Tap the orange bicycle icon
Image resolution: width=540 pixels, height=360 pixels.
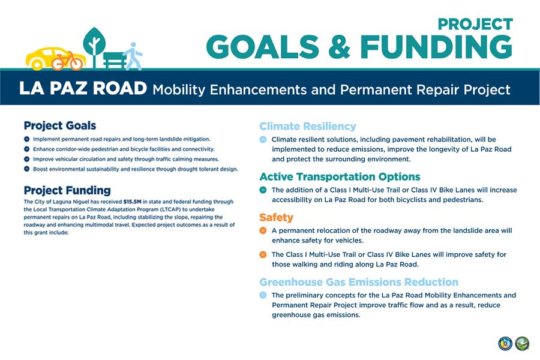(67, 61)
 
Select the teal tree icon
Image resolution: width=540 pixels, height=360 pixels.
(94, 45)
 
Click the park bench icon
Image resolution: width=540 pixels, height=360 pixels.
(115, 59)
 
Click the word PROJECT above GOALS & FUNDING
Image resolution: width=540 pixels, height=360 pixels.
(475, 24)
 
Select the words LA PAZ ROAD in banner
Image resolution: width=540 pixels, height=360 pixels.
(83, 89)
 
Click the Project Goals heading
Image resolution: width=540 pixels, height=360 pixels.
(59, 125)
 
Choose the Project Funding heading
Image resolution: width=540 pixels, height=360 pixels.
(67, 190)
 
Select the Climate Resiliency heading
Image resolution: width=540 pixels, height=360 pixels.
(307, 126)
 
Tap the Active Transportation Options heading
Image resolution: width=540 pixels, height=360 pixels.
(339, 176)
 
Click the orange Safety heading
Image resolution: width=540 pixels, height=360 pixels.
(276, 217)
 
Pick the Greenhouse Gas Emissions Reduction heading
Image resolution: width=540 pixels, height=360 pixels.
(358, 281)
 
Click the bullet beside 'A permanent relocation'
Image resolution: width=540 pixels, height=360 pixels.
(263, 230)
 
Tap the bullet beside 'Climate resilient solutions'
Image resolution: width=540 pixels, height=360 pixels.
(263, 139)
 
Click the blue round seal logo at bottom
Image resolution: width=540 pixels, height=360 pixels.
(505, 343)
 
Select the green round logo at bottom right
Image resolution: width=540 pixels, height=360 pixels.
(522, 343)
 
